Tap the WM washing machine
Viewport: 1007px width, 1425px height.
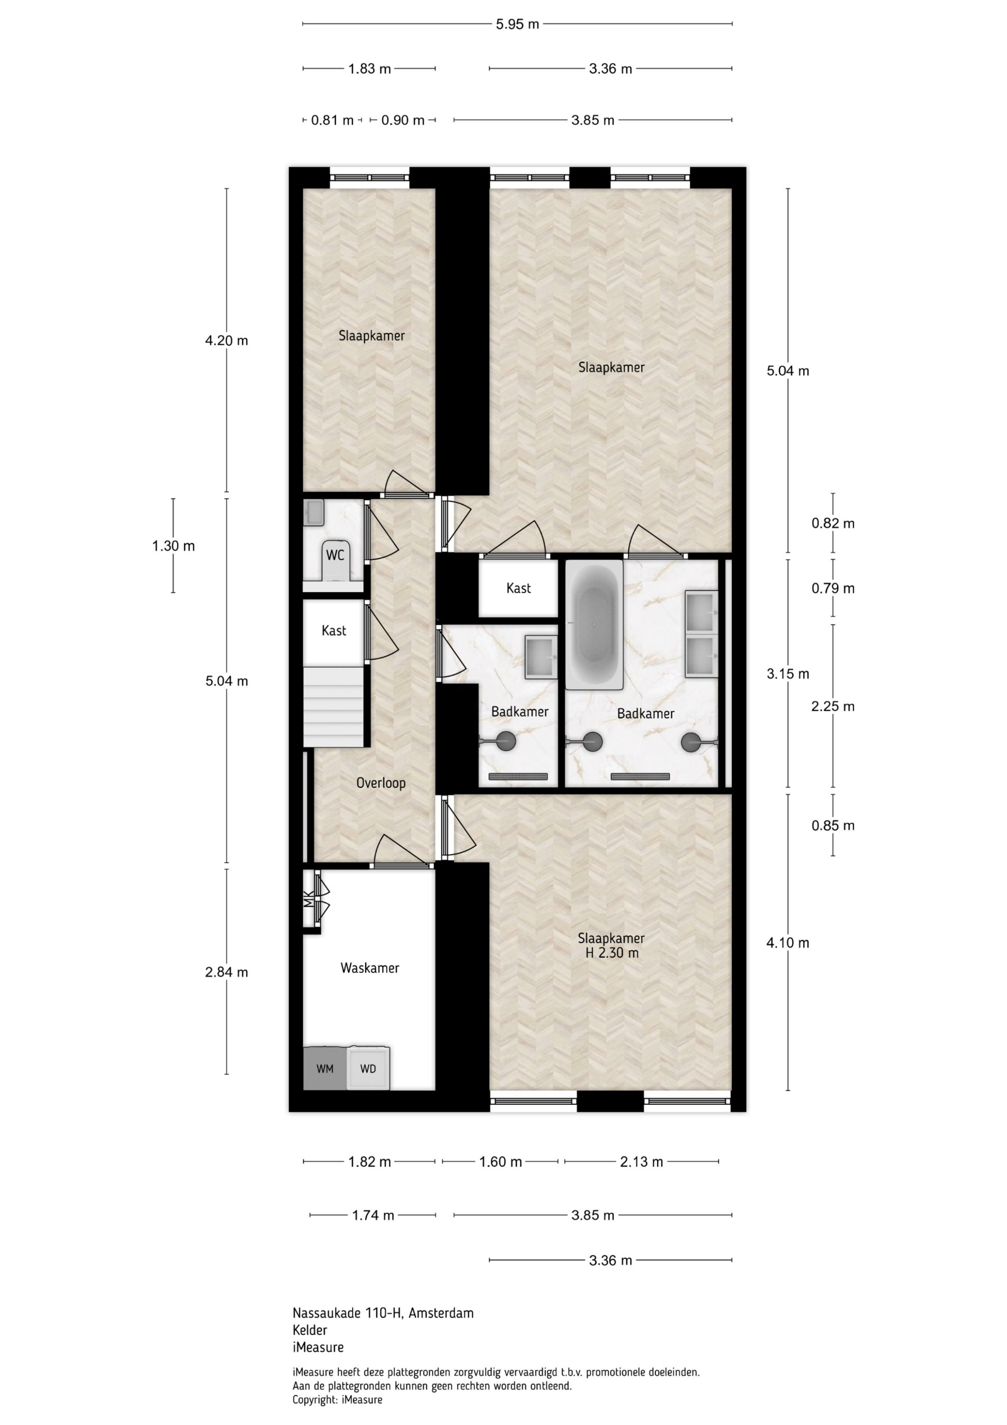pos(325,1068)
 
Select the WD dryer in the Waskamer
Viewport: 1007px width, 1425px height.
pos(368,1068)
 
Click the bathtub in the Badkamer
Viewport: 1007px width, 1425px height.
pos(594,624)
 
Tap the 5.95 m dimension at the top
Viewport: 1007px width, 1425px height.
pos(517,24)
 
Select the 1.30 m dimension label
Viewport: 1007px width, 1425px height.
pos(173,546)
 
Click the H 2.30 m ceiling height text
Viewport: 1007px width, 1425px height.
pos(612,953)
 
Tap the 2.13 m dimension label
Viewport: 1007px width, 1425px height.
pos(642,1162)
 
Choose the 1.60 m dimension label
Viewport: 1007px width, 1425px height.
pos(501,1162)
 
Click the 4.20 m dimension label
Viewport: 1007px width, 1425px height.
pos(227,341)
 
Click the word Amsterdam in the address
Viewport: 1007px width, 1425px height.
pos(441,1313)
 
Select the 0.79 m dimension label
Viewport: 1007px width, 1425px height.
pos(833,589)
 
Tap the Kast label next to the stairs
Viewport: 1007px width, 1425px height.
pos(334,631)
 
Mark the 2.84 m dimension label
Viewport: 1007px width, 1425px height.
pos(227,973)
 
